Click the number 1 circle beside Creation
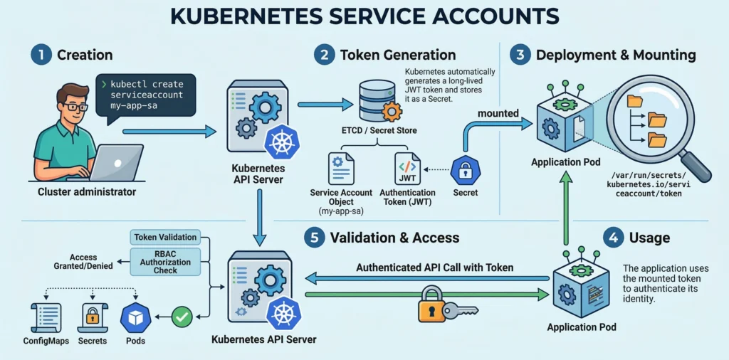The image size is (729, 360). pyautogui.click(x=41, y=55)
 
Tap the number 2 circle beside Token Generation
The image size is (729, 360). pyautogui.click(x=325, y=55)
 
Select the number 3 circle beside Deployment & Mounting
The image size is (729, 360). pyautogui.click(x=520, y=55)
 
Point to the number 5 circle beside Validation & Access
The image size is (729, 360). pyautogui.click(x=314, y=238)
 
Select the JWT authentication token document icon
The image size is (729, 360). pyautogui.click(x=407, y=169)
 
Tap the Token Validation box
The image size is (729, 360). pyautogui.click(x=165, y=237)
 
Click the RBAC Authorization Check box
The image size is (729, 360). pyautogui.click(x=165, y=262)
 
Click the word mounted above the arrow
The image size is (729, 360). pyautogui.click(x=498, y=113)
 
